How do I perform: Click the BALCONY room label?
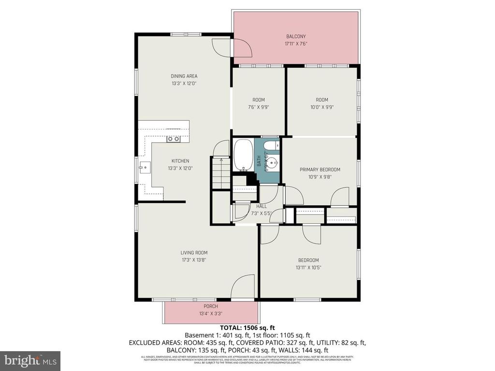(x=296, y=36)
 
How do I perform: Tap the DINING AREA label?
(x=184, y=76)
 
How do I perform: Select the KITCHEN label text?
(x=180, y=161)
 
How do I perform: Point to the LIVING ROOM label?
(x=194, y=252)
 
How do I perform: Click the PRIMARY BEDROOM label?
(x=320, y=170)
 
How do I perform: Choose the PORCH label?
(x=211, y=306)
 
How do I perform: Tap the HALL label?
(x=262, y=206)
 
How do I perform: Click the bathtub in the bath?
(x=243, y=155)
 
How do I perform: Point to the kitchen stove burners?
(x=174, y=139)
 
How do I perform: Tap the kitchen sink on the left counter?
(x=144, y=168)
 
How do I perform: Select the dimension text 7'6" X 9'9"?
(x=259, y=107)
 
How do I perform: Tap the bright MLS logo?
(x=30, y=360)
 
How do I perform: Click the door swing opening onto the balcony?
(x=240, y=48)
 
